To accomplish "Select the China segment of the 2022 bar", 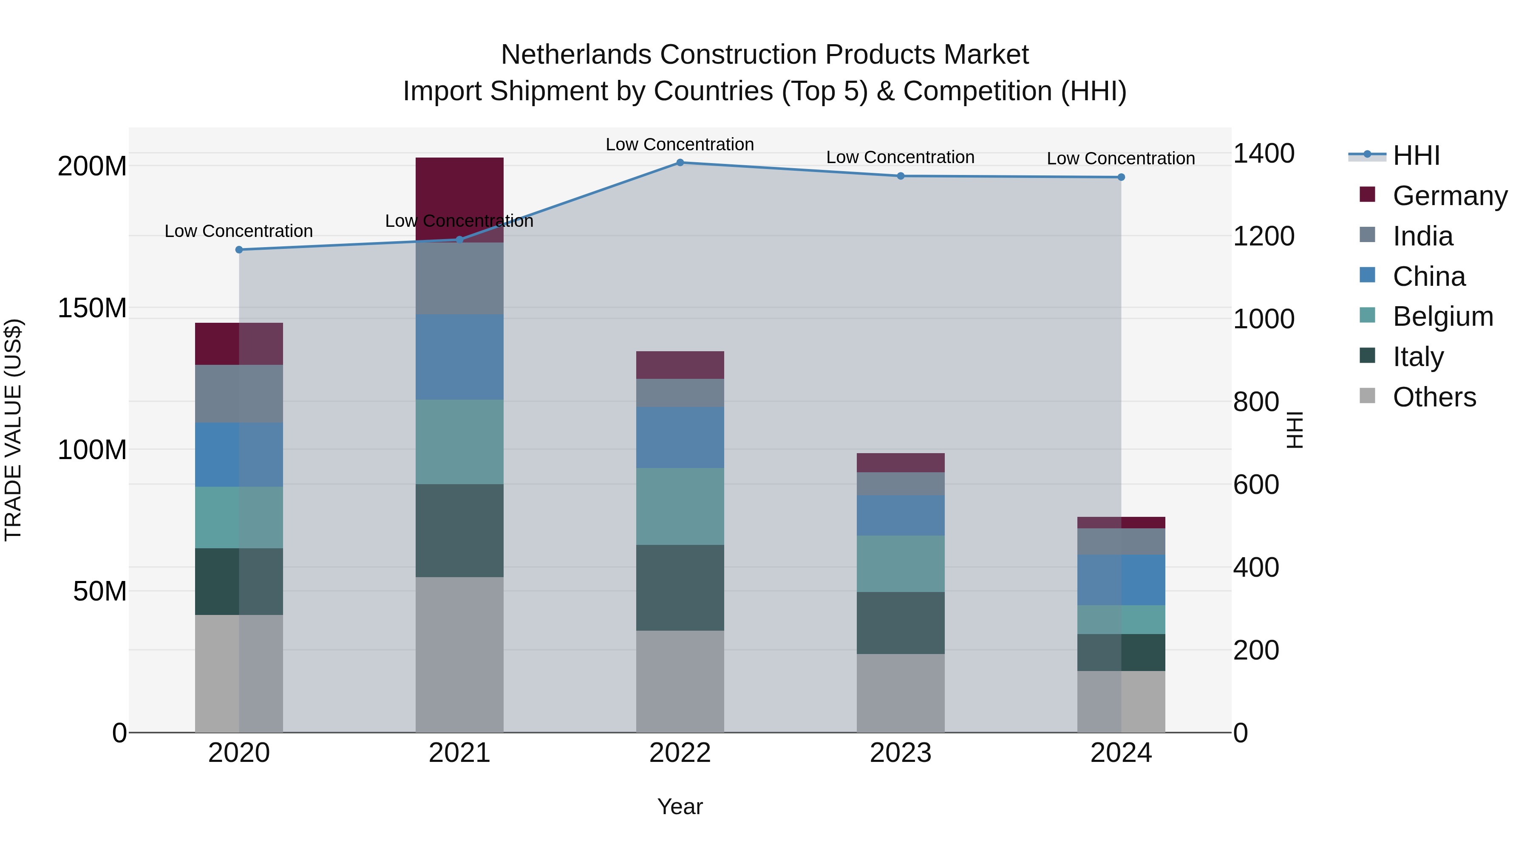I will pos(680,437).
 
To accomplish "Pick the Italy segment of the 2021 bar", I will pos(459,530).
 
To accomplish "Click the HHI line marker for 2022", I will pos(680,162).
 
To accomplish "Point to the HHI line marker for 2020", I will pos(239,249).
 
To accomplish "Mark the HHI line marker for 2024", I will pos(1121,177).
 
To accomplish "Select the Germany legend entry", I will pos(1449,196).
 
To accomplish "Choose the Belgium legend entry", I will pos(1442,316).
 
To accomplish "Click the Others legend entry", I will pos(1434,397).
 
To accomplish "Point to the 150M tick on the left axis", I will pos(92,308).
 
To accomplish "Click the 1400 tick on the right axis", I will pos(1264,154).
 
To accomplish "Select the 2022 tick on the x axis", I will pos(680,753).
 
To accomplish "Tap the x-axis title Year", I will pos(680,806).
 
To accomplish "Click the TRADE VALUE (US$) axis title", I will pos(14,430).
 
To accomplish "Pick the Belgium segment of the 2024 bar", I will pos(1121,620).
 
